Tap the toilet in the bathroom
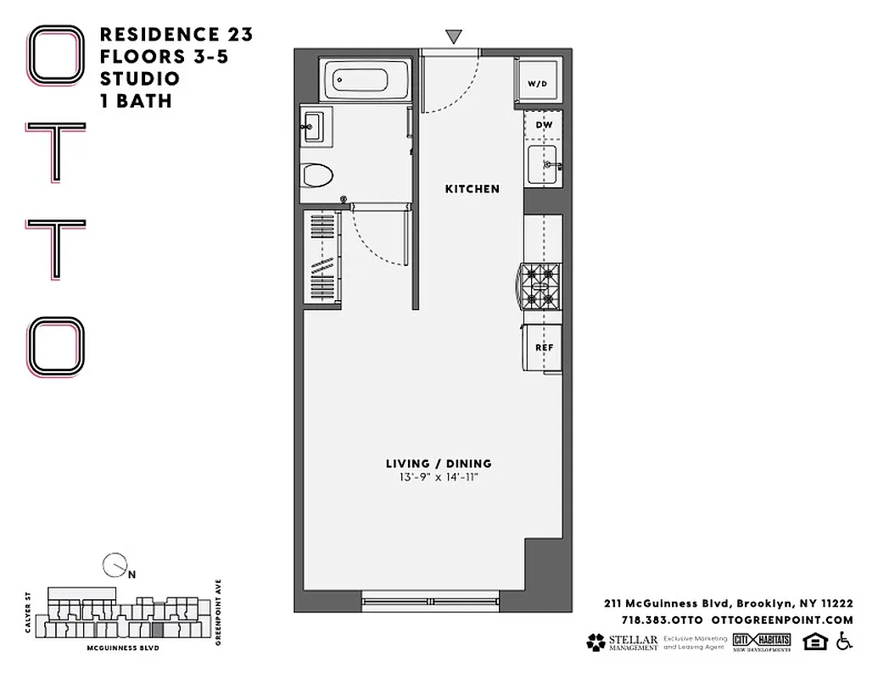(317, 175)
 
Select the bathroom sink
(312, 127)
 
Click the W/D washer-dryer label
(537, 84)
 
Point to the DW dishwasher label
(544, 125)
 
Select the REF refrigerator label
(544, 347)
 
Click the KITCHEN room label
(473, 189)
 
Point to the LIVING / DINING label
(439, 464)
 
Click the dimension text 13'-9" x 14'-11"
(439, 478)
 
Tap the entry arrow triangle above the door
(454, 36)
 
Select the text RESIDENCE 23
(176, 35)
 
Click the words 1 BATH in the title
(137, 101)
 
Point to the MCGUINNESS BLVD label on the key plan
(123, 647)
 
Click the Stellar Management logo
(622, 642)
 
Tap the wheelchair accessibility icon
(844, 642)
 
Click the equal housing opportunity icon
(814, 642)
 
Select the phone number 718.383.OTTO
(656, 620)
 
